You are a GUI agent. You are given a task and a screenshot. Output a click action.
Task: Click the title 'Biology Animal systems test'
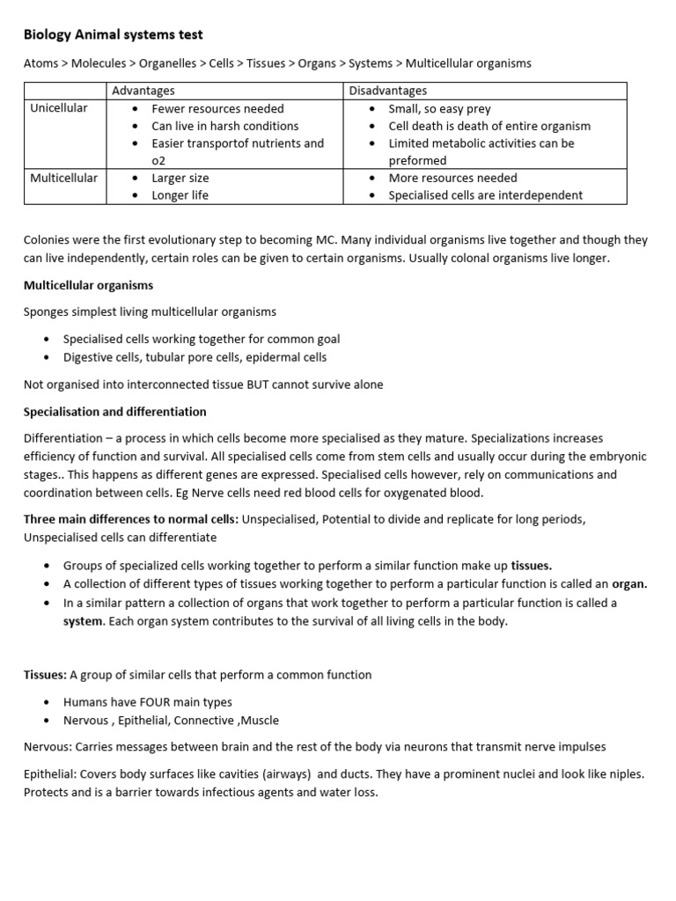(x=113, y=35)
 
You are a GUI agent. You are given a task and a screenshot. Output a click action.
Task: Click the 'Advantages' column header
(x=143, y=91)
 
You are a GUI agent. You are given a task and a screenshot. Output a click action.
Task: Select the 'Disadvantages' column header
(x=388, y=91)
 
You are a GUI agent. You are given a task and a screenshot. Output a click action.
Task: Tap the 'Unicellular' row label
(x=59, y=108)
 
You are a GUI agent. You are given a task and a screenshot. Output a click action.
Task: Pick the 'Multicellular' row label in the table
(x=63, y=178)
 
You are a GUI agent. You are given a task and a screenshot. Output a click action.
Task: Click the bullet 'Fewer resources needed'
(x=217, y=108)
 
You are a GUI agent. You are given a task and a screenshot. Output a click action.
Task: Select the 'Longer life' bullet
(x=180, y=195)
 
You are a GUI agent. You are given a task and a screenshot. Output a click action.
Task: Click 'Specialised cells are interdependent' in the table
(x=485, y=195)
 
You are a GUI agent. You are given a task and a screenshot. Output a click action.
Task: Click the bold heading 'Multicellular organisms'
(x=88, y=285)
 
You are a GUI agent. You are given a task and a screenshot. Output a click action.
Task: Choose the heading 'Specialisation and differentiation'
(x=115, y=412)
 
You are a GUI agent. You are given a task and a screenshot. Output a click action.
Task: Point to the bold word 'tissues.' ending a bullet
(x=532, y=566)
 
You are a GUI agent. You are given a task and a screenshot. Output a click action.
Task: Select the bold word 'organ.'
(x=629, y=583)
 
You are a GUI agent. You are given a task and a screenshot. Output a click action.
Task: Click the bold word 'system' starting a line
(x=83, y=621)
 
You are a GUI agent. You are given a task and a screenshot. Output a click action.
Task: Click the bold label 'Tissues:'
(x=45, y=675)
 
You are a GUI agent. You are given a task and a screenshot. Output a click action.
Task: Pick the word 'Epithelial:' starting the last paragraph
(x=53, y=774)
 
